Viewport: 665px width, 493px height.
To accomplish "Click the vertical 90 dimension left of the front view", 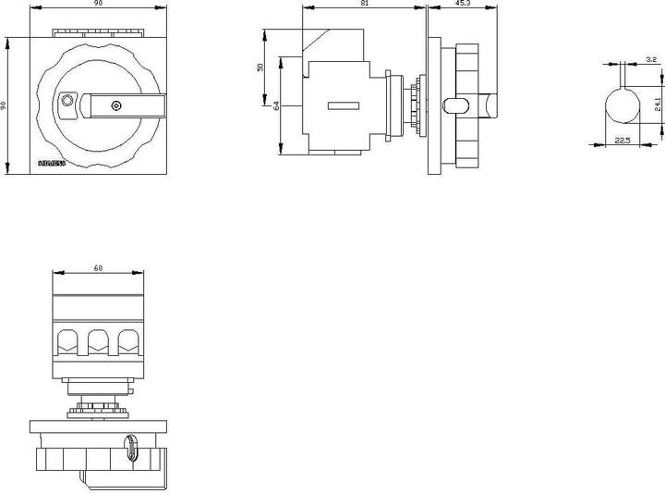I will tap(5, 105).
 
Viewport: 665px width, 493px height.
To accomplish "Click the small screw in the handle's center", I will tap(115, 106).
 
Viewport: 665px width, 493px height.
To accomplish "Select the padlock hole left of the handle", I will tap(66, 100).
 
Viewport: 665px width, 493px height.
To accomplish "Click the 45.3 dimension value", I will tap(463, 5).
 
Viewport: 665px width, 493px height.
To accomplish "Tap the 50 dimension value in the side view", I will tap(261, 67).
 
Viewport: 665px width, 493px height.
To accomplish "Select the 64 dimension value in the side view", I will tap(276, 106).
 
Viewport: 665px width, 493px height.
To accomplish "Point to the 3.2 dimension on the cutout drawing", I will tap(651, 59).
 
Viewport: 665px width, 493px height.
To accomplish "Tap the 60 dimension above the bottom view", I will tap(98, 267).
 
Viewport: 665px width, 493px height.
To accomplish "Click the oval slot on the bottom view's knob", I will tap(130, 450).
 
